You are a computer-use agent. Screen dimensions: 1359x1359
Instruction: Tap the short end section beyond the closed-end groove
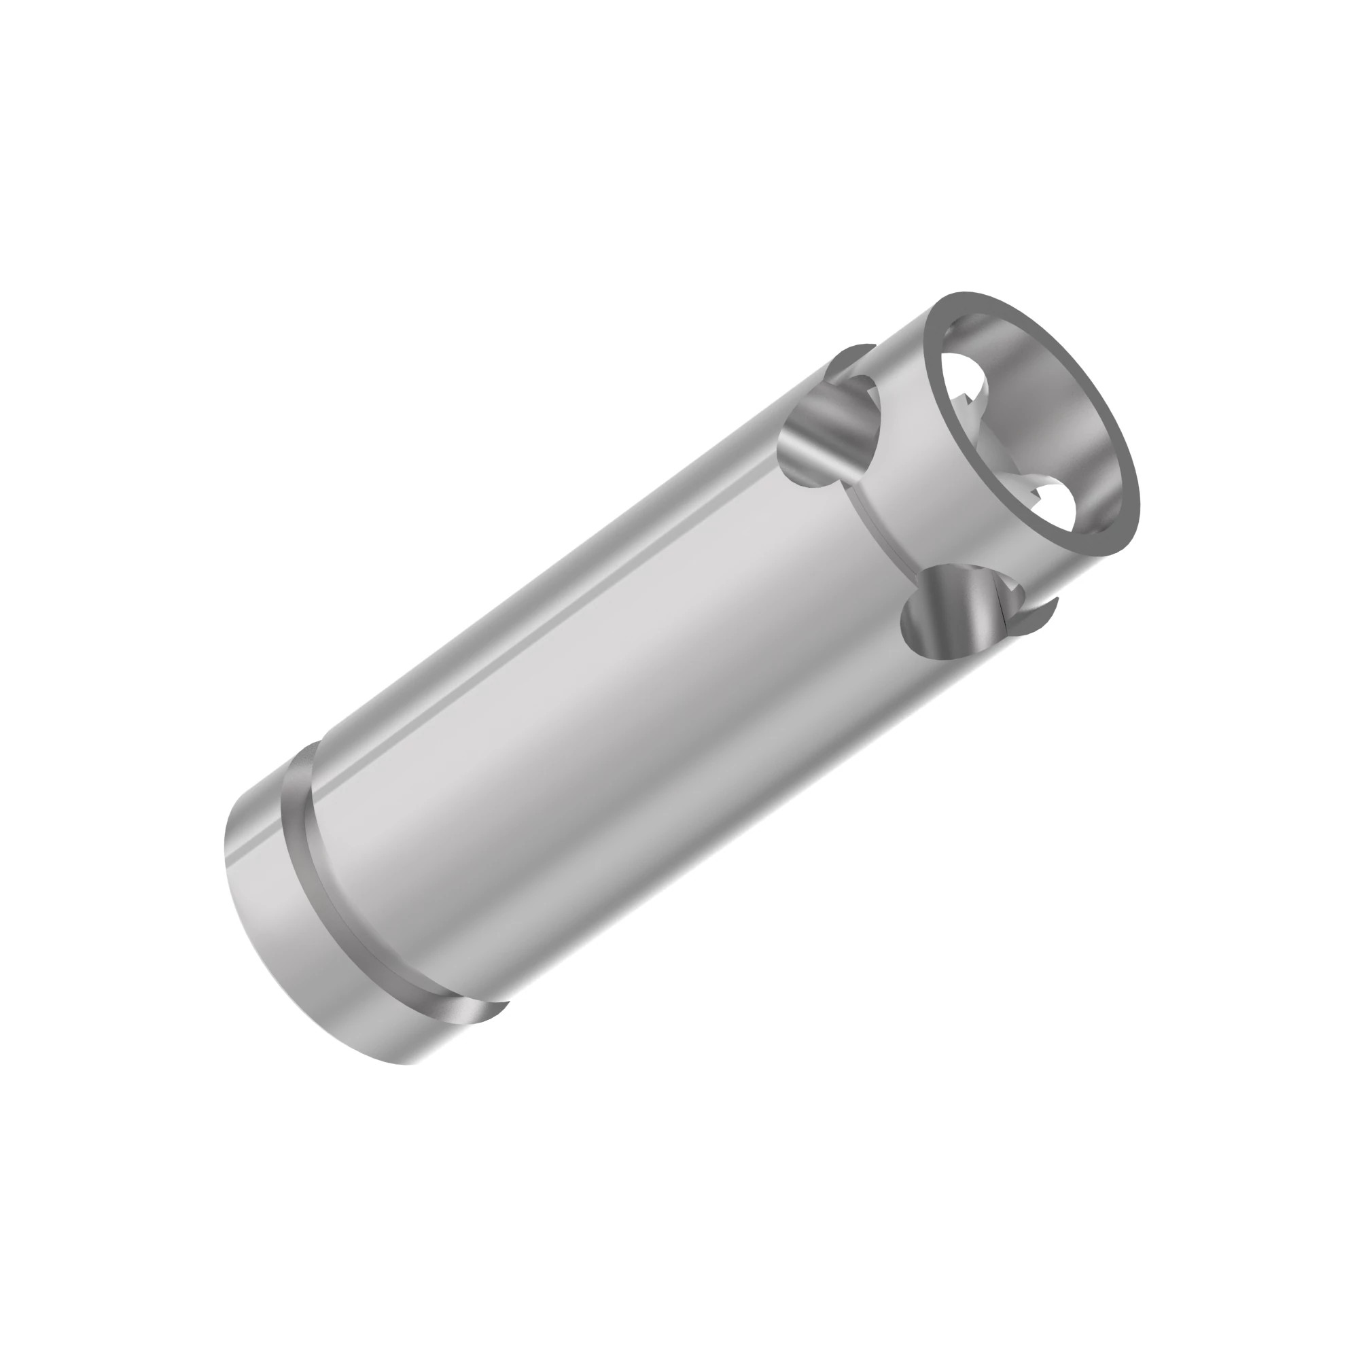296,936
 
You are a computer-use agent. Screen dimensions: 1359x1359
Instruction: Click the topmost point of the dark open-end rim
964,293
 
